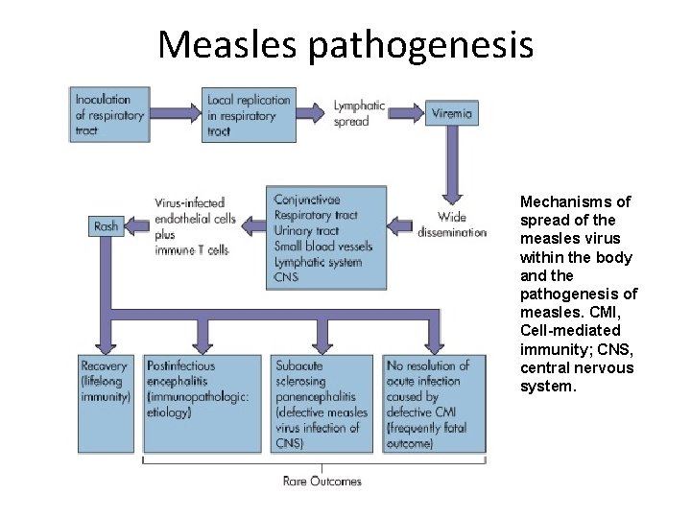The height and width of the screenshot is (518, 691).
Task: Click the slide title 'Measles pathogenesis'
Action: [345, 43]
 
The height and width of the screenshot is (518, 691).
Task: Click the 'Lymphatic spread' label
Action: [359, 113]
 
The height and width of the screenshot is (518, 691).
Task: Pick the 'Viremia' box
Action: [452, 113]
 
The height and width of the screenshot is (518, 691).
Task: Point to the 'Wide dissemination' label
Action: [452, 224]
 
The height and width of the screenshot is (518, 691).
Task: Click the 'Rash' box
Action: [106, 226]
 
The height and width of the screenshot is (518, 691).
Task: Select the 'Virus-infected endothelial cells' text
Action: [193, 209]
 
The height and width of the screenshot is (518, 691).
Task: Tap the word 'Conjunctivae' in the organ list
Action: [306, 200]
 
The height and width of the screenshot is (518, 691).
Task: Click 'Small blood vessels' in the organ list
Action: [322, 247]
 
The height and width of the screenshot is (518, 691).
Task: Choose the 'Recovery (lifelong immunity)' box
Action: [106, 381]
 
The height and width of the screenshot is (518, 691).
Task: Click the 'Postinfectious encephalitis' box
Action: [202, 388]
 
